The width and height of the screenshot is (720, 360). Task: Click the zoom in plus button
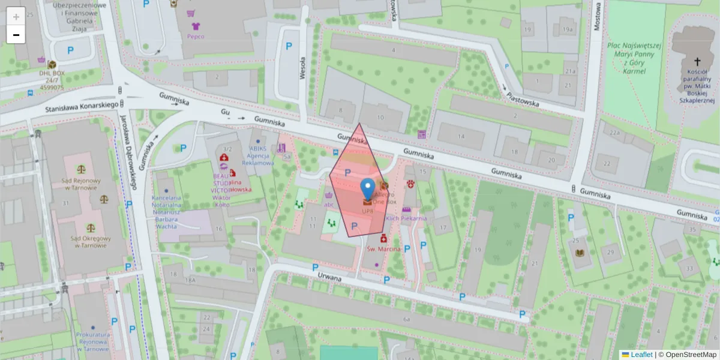[16, 17]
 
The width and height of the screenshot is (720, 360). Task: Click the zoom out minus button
[16, 35]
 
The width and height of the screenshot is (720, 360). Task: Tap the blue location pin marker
[367, 190]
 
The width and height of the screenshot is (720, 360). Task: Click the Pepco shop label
[196, 36]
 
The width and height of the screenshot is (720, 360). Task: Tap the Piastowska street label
[523, 99]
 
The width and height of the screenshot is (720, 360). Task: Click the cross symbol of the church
[697, 61]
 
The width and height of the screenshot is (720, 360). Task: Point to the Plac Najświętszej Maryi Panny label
[634, 58]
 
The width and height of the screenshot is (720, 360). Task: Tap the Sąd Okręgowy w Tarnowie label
[91, 242]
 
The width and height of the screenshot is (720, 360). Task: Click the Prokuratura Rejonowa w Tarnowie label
[92, 341]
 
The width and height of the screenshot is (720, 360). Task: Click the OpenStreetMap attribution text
[690, 355]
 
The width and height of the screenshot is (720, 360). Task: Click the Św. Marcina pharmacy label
[383, 248]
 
